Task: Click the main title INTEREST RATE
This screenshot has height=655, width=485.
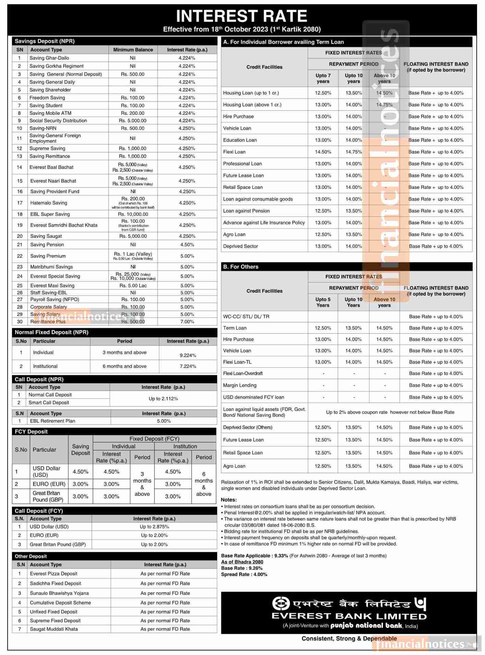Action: click(241, 16)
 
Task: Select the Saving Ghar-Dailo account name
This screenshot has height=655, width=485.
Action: click(49, 58)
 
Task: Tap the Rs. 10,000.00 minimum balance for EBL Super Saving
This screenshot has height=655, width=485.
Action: click(133, 214)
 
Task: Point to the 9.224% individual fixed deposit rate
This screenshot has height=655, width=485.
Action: click(188, 355)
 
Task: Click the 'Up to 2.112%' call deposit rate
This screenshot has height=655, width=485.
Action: click(163, 399)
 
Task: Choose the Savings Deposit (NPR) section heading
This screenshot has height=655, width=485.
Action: click(45, 41)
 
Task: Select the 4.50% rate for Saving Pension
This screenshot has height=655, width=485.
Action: click(187, 245)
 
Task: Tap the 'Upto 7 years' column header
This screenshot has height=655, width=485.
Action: click(323, 78)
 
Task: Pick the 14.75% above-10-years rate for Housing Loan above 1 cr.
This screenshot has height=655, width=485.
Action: click(384, 105)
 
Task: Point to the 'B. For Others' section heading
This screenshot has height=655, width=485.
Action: click(241, 267)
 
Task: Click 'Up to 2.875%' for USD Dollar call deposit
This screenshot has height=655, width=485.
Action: click(154, 527)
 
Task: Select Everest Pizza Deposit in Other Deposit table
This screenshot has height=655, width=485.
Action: click(53, 573)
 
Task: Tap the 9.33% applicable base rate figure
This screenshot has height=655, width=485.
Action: click(281, 556)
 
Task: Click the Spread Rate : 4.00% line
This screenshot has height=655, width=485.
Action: click(244, 574)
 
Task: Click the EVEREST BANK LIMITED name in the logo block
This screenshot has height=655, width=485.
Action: click(349, 616)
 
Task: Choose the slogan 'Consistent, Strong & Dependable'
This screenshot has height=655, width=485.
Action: click(349, 638)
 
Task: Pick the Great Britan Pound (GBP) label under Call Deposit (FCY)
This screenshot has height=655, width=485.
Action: click(58, 544)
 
